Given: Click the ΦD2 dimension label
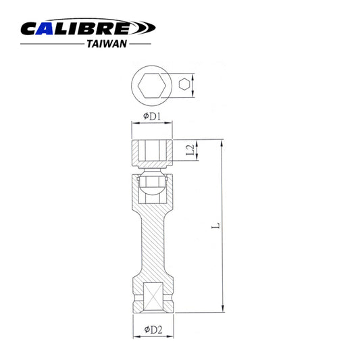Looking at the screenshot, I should coord(151,330).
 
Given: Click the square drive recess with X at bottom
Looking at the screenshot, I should coord(151,296).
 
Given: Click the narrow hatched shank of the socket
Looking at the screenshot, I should coord(151,243).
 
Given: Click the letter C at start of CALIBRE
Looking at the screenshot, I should coord(30,28).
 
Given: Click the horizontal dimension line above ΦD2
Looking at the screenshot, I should coord(151,322).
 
